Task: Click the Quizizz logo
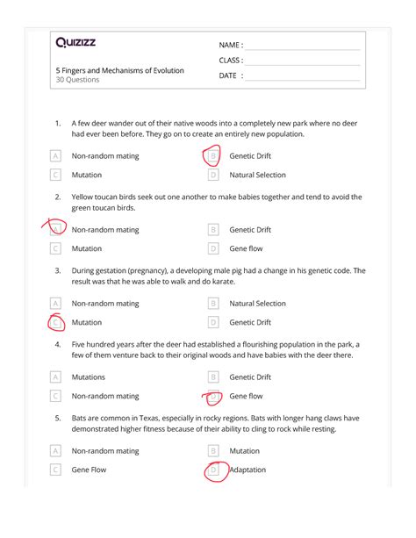77,42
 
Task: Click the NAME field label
231,45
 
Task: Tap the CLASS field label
231,61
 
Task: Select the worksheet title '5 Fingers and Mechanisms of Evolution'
119,70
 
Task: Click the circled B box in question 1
212,156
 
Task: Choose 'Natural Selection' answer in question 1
257,175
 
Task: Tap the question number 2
58,197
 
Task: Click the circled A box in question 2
56,230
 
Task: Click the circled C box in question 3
56,322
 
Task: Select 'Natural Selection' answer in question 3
257,304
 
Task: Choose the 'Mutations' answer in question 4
89,377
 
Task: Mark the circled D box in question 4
212,396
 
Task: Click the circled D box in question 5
212,470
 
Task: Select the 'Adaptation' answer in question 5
248,470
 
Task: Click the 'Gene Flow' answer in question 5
89,470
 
